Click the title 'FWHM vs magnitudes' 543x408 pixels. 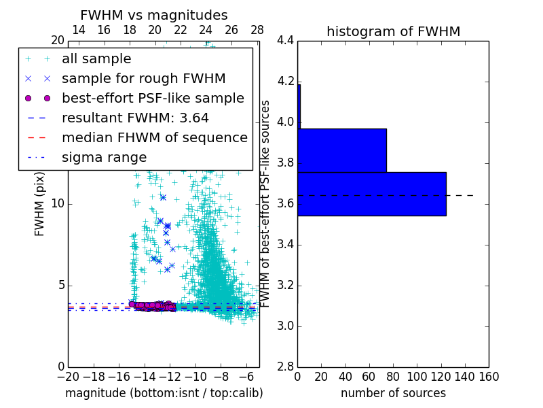pyautogui.click(x=153, y=16)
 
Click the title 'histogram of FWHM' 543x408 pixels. pyautogui.click(x=393, y=31)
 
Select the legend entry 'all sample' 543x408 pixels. pyautogui.click(x=96, y=59)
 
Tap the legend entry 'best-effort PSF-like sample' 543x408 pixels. pyautogui.click(x=153, y=98)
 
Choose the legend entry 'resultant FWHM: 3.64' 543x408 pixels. pyautogui.click(x=135, y=118)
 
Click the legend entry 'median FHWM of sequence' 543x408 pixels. pyautogui.click(x=154, y=137)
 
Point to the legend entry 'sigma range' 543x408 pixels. pyautogui.click(x=104, y=157)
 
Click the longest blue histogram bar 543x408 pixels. pyautogui.click(x=371, y=194)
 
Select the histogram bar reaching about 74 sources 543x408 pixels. pyautogui.click(x=342, y=150)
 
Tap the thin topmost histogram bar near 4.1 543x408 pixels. pyautogui.click(x=299, y=106)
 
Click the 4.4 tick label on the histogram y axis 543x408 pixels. pyautogui.click(x=286, y=41)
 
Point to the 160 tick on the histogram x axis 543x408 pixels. pyautogui.click(x=488, y=377)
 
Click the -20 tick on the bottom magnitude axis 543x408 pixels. pyautogui.click(x=68, y=377)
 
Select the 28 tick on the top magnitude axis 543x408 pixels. pyautogui.click(x=257, y=30)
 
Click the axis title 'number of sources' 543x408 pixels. pyautogui.click(x=393, y=393)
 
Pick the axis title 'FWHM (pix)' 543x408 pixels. pyautogui.click(x=40, y=204)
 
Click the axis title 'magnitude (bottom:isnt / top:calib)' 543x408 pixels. pyautogui.click(x=164, y=393)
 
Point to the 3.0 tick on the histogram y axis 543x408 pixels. pyautogui.click(x=286, y=326)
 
